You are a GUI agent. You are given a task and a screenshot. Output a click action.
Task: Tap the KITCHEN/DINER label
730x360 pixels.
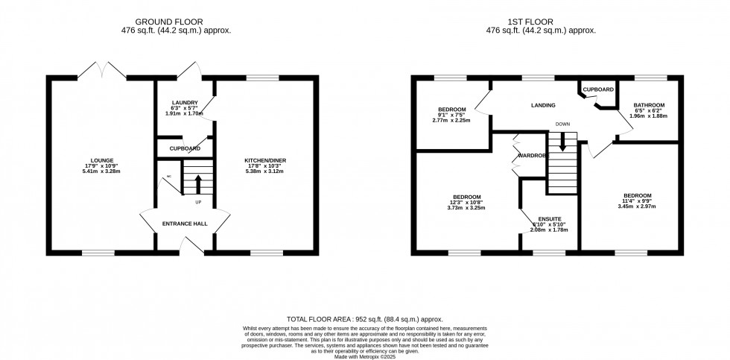[x=265, y=160]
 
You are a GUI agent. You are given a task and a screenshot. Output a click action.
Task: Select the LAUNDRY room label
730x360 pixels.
[x=183, y=102]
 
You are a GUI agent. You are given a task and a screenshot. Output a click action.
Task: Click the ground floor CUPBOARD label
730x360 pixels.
[x=185, y=148]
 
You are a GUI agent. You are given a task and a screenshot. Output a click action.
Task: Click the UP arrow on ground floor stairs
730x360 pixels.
[x=198, y=182]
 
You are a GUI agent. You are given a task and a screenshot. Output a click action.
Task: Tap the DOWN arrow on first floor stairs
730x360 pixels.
[x=563, y=139]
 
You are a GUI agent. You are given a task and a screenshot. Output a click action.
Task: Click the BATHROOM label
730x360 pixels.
[x=648, y=105]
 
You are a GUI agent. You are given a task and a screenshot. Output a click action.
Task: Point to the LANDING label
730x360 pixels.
[x=543, y=105]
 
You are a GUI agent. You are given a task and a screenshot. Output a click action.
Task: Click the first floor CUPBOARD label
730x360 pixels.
[x=597, y=89]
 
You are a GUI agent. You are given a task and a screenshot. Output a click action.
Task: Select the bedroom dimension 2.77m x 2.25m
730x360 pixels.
[x=452, y=121]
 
